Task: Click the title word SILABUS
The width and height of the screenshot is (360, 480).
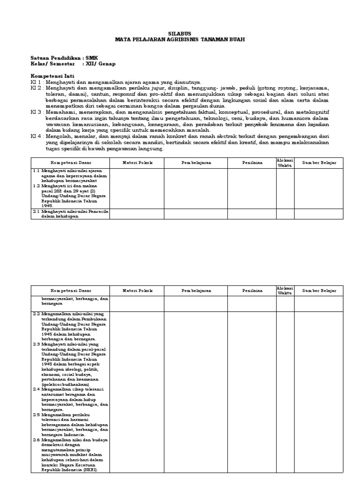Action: [180, 34]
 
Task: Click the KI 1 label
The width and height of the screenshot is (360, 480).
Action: [36, 82]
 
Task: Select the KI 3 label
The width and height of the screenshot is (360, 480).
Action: [36, 112]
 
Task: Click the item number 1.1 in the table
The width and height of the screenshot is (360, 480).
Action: [36, 171]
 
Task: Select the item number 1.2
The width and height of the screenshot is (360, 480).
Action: [36, 186]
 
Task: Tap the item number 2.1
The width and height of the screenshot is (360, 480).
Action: [36, 211]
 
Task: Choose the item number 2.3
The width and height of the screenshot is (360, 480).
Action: [36, 344]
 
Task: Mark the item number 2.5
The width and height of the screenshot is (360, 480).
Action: [36, 414]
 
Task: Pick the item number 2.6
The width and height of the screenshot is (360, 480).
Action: [36, 440]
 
